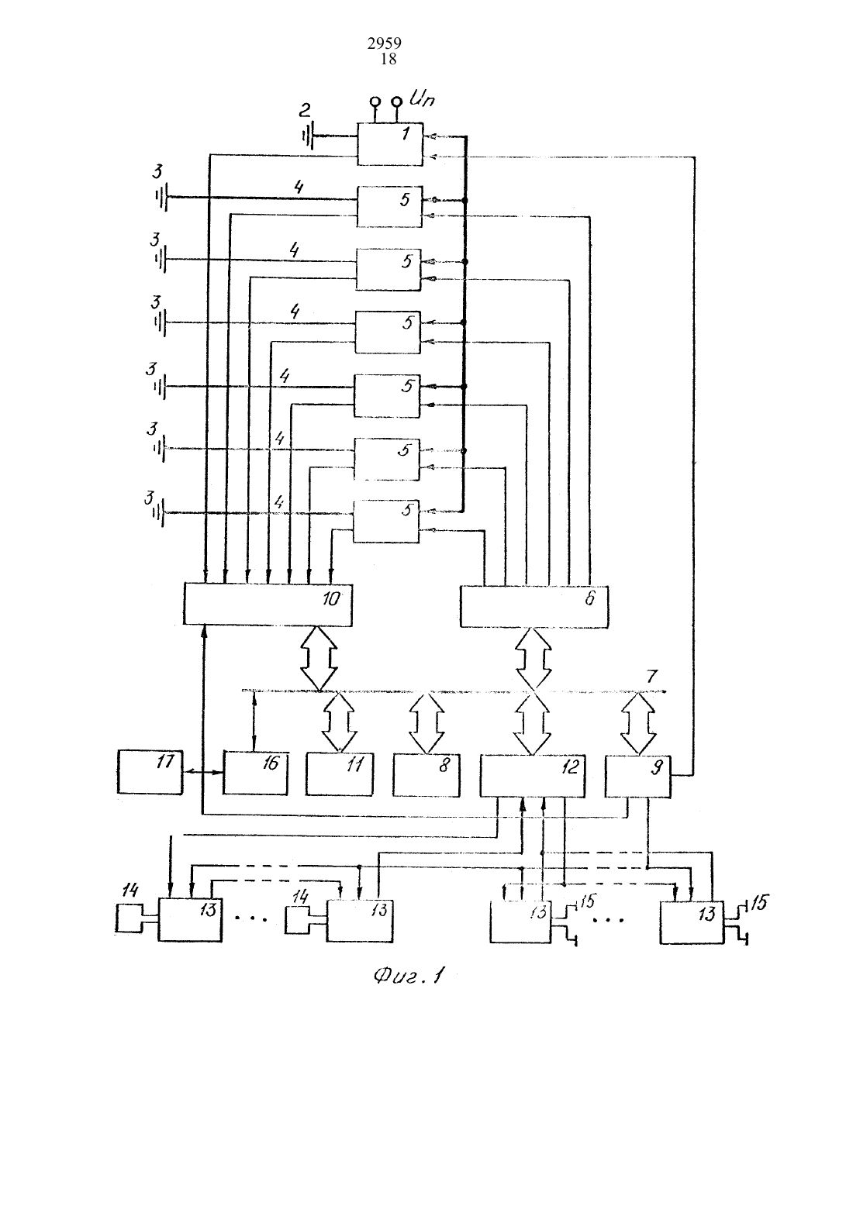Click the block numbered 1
[x=390, y=143]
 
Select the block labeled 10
[x=268, y=604]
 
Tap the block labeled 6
[x=534, y=606]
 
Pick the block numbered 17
[x=150, y=772]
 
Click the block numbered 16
[x=255, y=774]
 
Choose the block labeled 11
[x=340, y=774]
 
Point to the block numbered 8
[x=427, y=775]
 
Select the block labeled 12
[x=533, y=775]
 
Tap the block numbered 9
[x=638, y=776]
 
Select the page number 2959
[x=385, y=43]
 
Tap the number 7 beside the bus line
[x=652, y=676]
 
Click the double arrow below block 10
[x=319, y=658]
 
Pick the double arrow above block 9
[x=639, y=723]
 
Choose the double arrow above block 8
[x=427, y=722]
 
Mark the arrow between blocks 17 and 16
[x=203, y=772]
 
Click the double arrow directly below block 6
[x=534, y=659]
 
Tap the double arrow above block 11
[x=340, y=722]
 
